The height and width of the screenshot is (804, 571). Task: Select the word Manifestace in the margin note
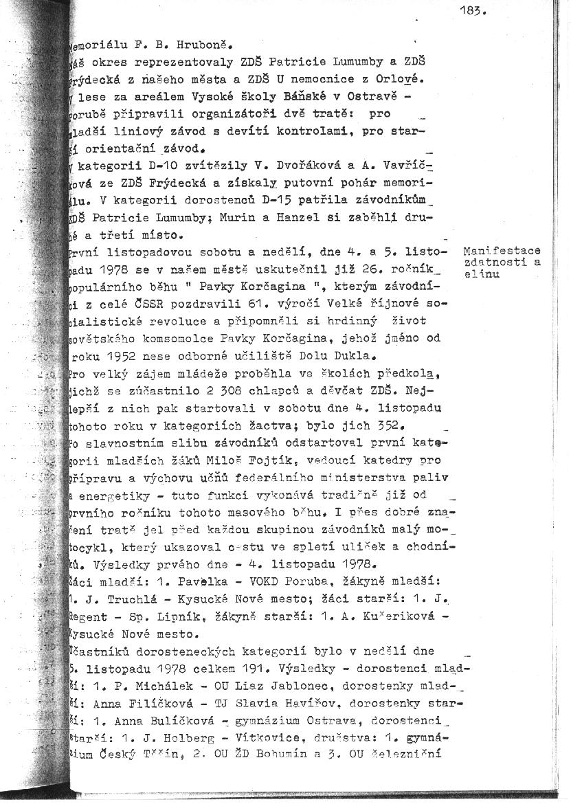(502, 252)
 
